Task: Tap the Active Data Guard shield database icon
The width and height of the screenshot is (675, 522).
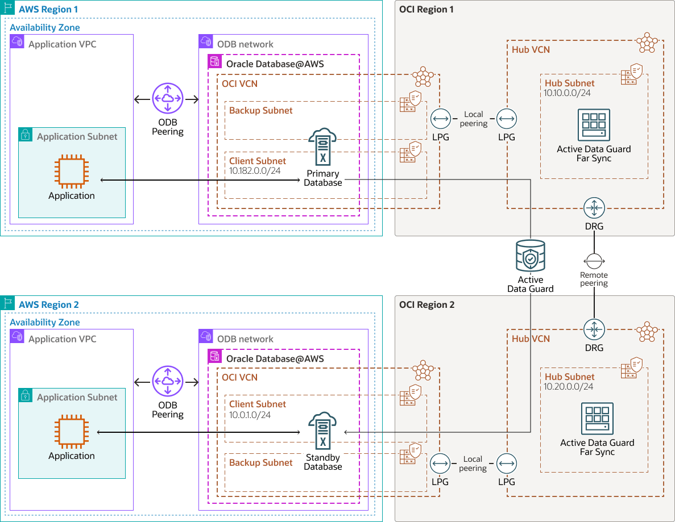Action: click(530, 257)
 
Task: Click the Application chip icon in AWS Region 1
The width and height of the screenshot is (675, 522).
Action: click(72, 172)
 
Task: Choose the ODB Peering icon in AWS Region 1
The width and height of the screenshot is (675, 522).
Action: click(168, 99)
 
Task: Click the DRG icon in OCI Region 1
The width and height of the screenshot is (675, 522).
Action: click(594, 208)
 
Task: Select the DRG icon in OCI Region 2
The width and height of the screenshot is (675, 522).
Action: click(594, 330)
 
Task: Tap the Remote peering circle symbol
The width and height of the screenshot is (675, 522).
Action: click(594, 261)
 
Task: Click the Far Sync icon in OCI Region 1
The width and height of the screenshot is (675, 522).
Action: click(594, 125)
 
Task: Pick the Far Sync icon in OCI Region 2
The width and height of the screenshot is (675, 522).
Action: click(597, 419)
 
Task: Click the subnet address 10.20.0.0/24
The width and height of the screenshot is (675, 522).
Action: click(569, 386)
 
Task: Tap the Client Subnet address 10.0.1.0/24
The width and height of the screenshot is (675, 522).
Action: click(250, 415)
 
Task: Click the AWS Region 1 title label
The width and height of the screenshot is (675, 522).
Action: click(48, 10)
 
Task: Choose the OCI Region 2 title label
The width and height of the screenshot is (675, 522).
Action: click(427, 304)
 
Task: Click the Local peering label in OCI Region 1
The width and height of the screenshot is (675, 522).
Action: click(473, 119)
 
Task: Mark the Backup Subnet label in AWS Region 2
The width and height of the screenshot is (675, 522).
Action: click(261, 462)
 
